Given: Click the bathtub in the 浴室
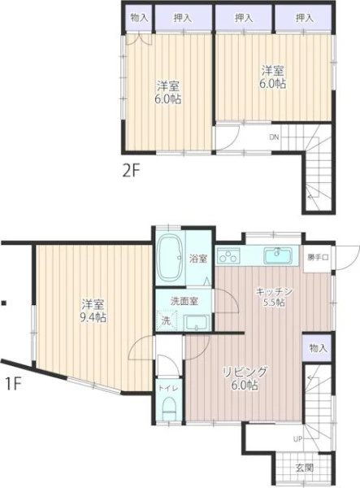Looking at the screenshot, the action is pos(170,258).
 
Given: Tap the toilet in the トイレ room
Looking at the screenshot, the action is pos(170,408).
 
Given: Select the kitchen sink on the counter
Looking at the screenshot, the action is pos(278,255).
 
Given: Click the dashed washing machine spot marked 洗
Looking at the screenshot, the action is pos(167,320).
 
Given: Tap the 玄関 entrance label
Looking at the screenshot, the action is pos(304,468).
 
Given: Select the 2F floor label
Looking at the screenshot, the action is pos(132,171).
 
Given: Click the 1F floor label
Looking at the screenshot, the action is pos(12,384).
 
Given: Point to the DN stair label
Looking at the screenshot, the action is pos(274,137).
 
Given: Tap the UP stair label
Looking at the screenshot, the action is pos(297,439).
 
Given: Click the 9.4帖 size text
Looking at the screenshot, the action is pos(93,317).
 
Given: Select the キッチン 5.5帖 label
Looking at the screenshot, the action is pos(274,297).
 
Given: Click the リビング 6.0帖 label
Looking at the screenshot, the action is pos(245,378).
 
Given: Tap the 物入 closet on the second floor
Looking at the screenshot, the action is pos(139,18).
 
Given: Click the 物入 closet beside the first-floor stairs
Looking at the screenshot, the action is pos(318,348).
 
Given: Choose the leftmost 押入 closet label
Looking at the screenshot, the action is pos(183,18).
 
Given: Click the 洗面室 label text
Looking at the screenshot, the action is pos(184,301).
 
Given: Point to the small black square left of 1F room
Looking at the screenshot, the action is pos(4,303).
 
